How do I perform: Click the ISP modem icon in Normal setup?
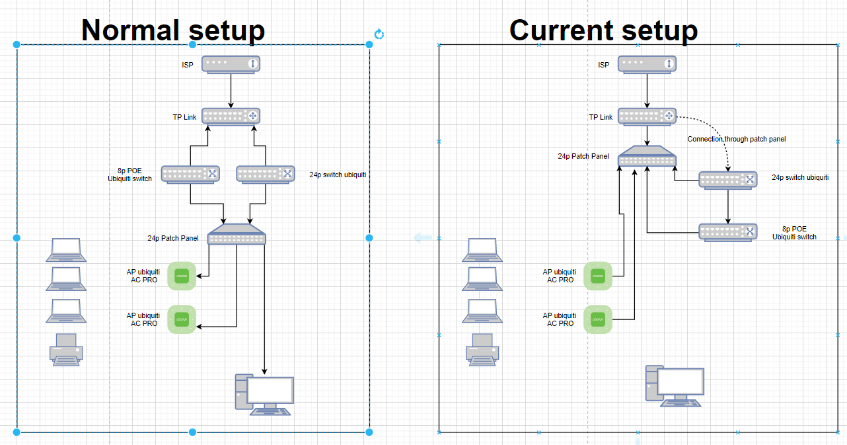point(231,64)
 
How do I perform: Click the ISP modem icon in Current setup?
point(647,64)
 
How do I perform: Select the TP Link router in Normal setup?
point(231,116)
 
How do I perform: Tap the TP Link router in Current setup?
point(647,116)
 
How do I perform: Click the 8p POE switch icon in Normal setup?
point(190,174)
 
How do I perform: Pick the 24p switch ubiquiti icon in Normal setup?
point(265,174)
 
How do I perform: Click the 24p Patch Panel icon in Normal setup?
point(237,235)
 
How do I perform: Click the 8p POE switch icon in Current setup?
point(727,232)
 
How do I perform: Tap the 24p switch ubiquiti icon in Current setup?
point(727,180)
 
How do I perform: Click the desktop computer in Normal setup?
point(264,395)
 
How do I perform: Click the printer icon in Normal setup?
point(66,349)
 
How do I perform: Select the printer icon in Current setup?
point(482,349)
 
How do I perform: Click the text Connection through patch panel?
point(736,139)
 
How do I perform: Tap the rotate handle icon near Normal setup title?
point(379,34)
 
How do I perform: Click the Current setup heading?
point(603,30)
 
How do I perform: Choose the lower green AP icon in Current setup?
point(599,319)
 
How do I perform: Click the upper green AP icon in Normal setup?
point(182,276)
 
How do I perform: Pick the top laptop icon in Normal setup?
point(66,249)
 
